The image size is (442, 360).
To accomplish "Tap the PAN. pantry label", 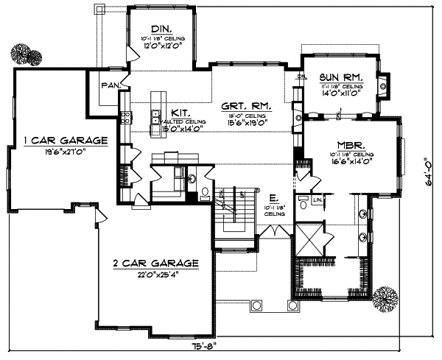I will coord(111,85).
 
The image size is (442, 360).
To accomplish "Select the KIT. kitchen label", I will coord(180,113).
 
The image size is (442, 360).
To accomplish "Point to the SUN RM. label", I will coord(339,77).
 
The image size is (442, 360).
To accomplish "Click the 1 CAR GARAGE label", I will coord(65,140).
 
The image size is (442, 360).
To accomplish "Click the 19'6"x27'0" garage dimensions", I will coord(65,152).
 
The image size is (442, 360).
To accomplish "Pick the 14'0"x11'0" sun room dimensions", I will coord(339,94).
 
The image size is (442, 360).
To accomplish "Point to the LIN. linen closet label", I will coord(318,200).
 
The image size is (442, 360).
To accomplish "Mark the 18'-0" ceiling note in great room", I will coord(245,116).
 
